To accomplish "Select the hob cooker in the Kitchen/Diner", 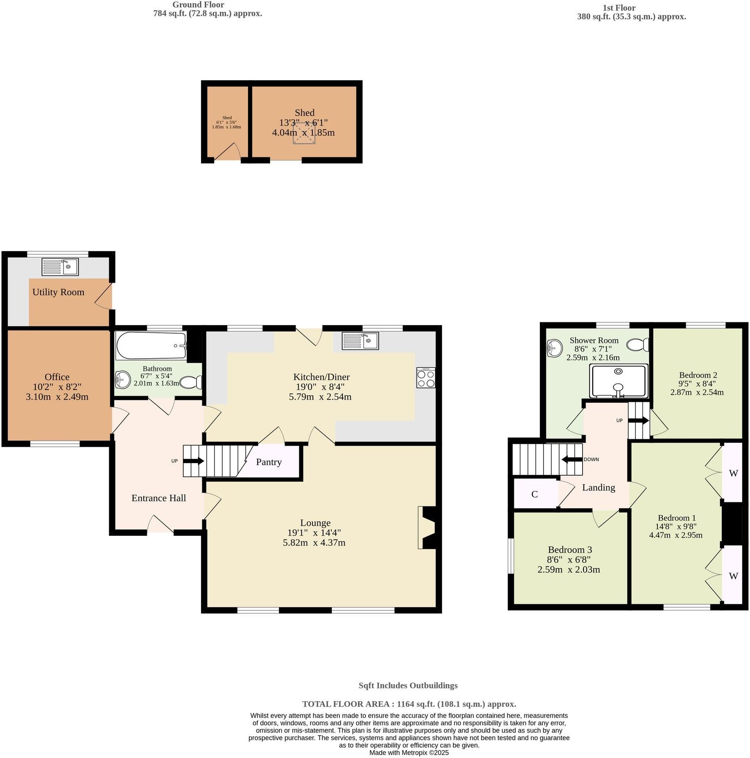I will pyautogui.click(x=426, y=378).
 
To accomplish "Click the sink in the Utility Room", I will pyautogui.click(x=60, y=267).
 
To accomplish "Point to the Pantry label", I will pyautogui.click(x=268, y=462).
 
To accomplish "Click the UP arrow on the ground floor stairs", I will pyautogui.click(x=193, y=461).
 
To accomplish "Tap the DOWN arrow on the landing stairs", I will pyautogui.click(x=572, y=460).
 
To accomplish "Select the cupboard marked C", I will pyautogui.click(x=535, y=494).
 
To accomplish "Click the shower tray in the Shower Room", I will pyautogui.click(x=619, y=381).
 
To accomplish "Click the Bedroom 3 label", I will pyautogui.click(x=570, y=550).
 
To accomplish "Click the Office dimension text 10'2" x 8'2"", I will pyautogui.click(x=57, y=387).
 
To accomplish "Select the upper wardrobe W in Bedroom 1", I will pyautogui.click(x=733, y=473).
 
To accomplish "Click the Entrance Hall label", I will pyautogui.click(x=159, y=498).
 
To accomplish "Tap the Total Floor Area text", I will pyautogui.click(x=408, y=704).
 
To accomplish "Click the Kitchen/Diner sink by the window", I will pyautogui.click(x=360, y=341).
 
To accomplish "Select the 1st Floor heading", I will pyautogui.click(x=619, y=7).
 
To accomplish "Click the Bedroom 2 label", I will pyautogui.click(x=698, y=375).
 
